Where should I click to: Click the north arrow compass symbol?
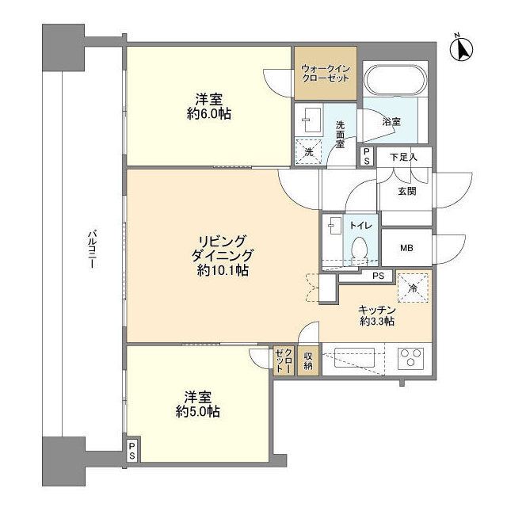coord(461,48)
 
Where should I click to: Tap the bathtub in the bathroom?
coord(395,80)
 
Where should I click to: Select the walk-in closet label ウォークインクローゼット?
coord(326,74)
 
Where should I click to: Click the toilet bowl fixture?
coord(359,248)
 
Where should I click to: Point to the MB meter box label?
coord(406,248)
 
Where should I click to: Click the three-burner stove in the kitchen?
coord(410,357)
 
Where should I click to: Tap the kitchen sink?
coord(354,357)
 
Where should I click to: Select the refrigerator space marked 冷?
coord(413,288)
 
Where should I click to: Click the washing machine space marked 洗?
coord(308,152)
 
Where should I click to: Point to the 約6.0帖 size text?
coord(209,114)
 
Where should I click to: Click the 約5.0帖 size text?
coord(198,412)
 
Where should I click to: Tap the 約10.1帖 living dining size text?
coord(223,270)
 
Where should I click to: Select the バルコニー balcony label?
coord(92,249)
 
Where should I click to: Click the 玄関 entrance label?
coord(406,192)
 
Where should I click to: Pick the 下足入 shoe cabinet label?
coord(403,158)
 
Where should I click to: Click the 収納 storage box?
coord(308,361)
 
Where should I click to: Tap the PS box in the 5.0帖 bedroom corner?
coord(132,452)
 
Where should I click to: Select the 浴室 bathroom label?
coord(391,122)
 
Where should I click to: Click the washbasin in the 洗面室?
coord(313,120)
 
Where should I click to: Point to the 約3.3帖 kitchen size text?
coord(377,322)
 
